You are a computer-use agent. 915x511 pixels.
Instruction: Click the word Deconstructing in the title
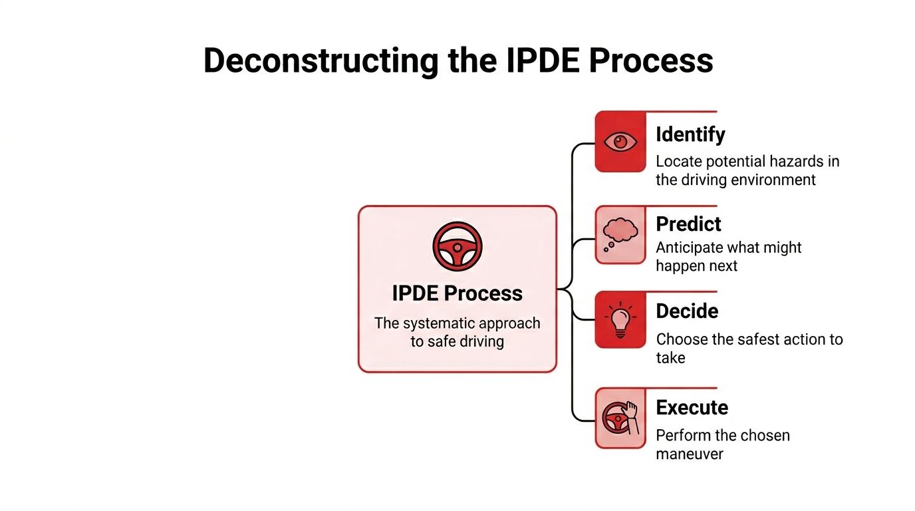tap(320, 61)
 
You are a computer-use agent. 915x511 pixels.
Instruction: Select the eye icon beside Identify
tap(620, 142)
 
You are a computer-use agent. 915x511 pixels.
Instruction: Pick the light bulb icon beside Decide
tap(620, 319)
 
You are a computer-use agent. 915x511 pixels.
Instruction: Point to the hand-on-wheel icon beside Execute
tap(620, 418)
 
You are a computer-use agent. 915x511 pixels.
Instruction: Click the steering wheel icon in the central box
tap(457, 247)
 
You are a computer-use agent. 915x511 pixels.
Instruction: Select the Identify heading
tap(690, 134)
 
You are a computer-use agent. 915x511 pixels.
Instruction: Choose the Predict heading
tap(688, 224)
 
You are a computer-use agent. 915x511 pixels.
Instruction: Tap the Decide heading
tap(687, 311)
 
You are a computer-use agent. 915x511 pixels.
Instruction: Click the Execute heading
tap(692, 407)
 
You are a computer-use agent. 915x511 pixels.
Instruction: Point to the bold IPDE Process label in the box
tap(457, 293)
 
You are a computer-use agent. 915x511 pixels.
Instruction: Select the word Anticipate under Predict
tap(690, 248)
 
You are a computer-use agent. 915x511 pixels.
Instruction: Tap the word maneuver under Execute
tap(690, 454)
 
